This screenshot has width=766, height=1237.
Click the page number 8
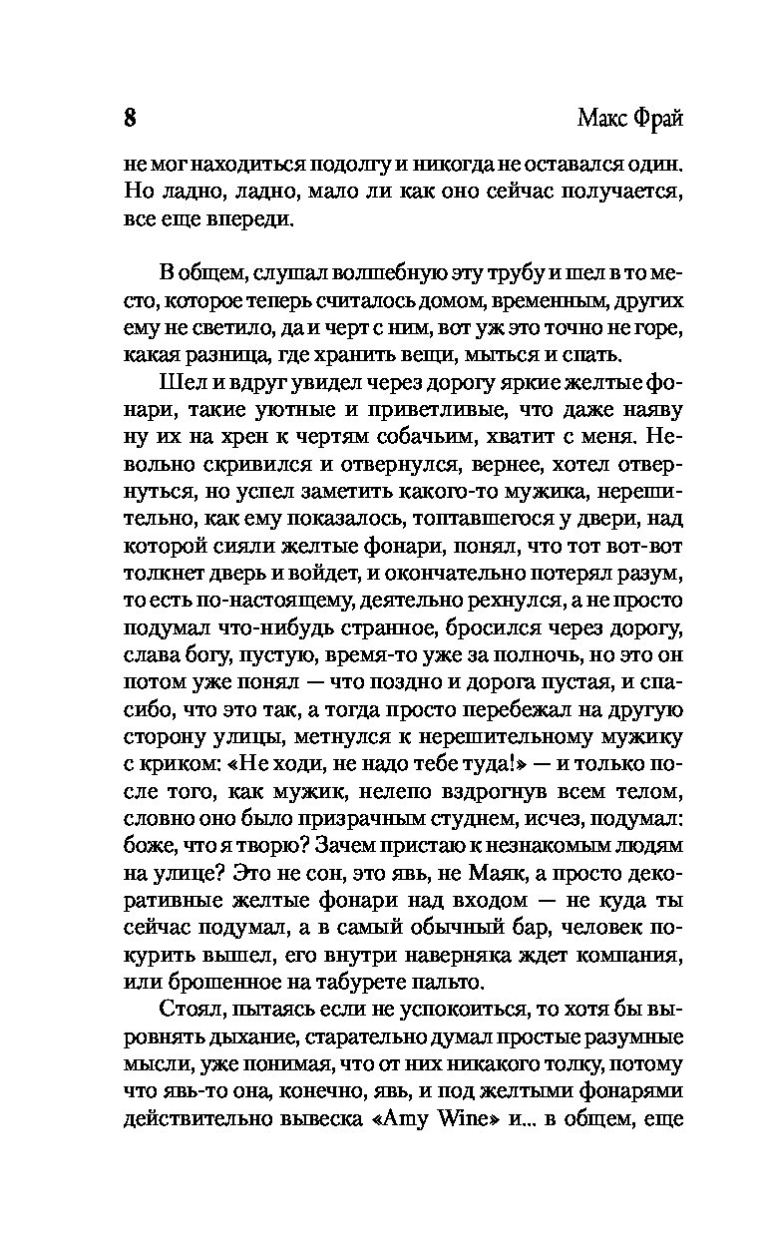[130, 118]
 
